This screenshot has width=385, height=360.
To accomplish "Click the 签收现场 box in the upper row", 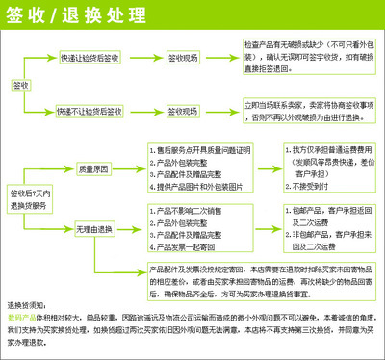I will [183, 57].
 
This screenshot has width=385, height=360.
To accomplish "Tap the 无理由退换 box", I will [99, 227].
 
